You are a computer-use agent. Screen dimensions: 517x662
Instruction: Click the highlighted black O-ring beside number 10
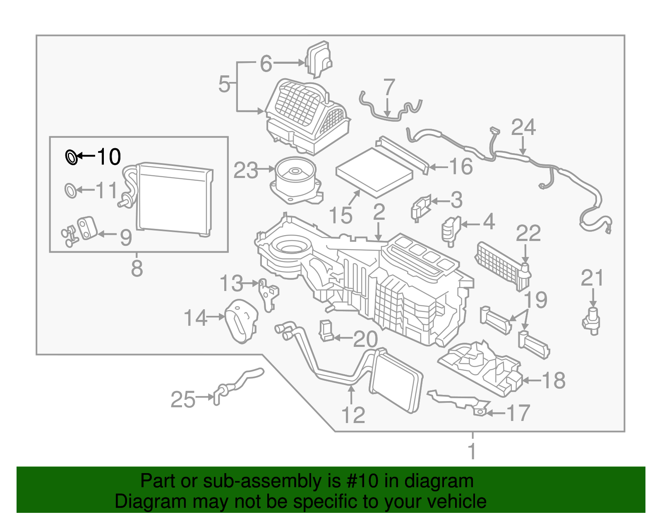pyautogui.click(x=72, y=157)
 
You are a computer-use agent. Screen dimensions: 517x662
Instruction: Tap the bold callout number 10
pyautogui.click(x=109, y=157)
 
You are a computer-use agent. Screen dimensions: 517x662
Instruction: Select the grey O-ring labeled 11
pyautogui.click(x=71, y=190)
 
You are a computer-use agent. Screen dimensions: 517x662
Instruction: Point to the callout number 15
pyautogui.click(x=341, y=216)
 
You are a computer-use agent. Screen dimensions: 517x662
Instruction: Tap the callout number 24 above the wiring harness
pyautogui.click(x=523, y=127)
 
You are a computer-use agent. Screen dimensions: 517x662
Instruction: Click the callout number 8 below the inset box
pyautogui.click(x=137, y=268)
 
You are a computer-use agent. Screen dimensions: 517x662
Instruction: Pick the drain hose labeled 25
pyautogui.click(x=238, y=383)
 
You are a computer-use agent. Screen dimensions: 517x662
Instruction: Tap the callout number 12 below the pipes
pyautogui.click(x=353, y=415)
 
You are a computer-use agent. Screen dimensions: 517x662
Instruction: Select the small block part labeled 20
pyautogui.click(x=326, y=331)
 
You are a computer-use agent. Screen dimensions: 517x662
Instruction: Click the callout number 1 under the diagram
pyautogui.click(x=472, y=451)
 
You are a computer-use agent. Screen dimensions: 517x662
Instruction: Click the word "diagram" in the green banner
pyautogui.click(x=439, y=481)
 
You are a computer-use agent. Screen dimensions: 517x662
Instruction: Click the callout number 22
pyautogui.click(x=528, y=233)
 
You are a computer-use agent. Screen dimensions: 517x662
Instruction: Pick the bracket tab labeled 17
pyautogui.click(x=479, y=410)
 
